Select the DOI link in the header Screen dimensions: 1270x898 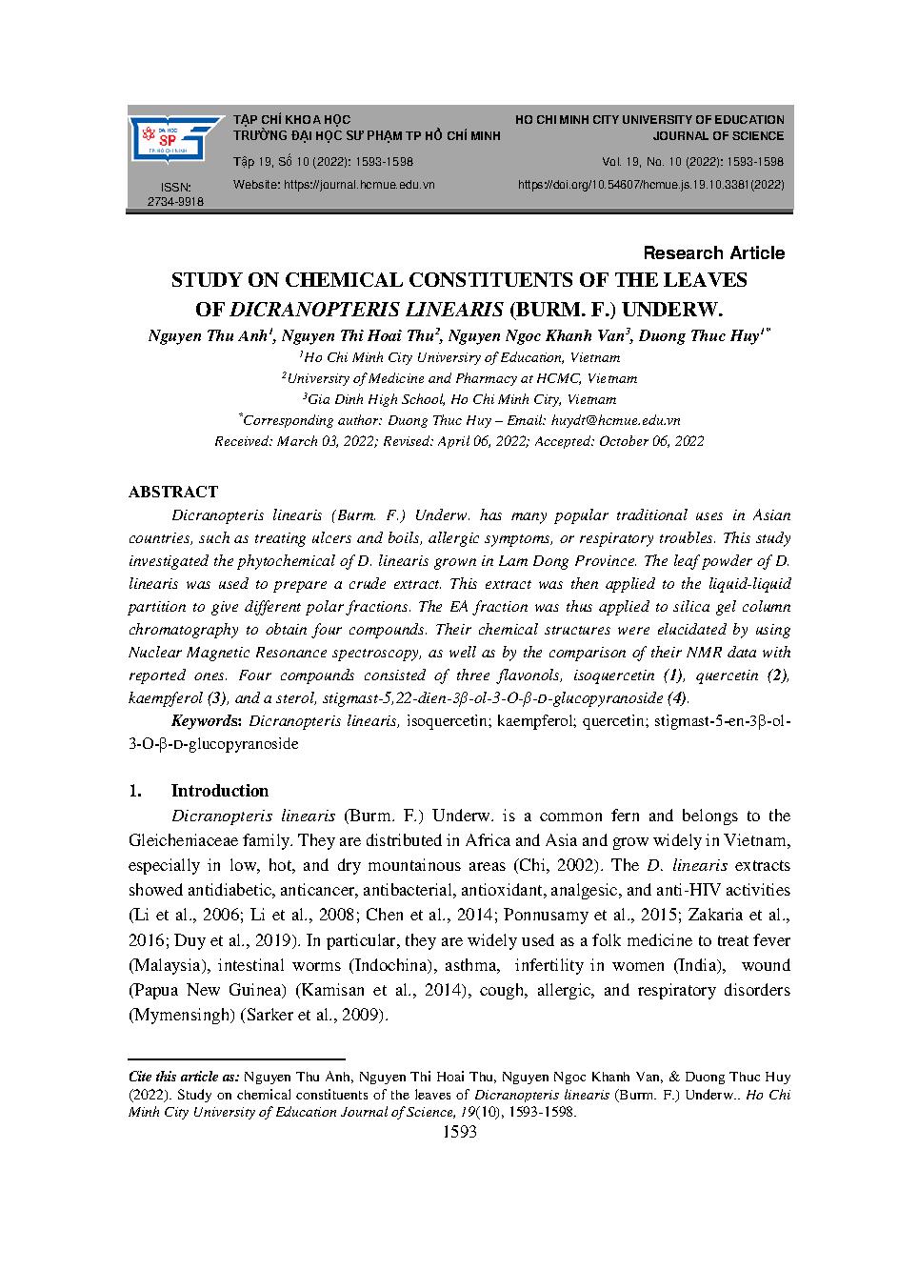650,184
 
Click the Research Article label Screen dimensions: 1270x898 714,252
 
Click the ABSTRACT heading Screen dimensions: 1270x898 173,492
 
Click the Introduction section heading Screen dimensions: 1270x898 219,791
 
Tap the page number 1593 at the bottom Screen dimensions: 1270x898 460,1132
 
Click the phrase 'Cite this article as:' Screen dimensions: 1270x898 184,1076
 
